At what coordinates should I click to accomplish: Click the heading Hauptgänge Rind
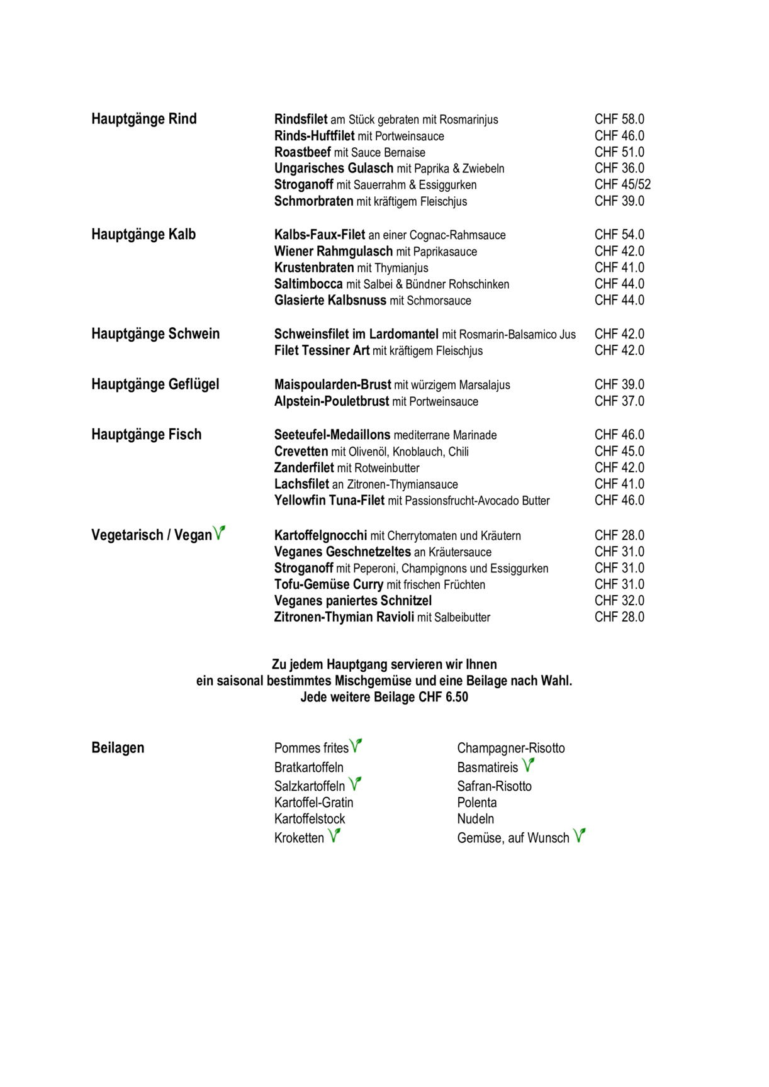[x=144, y=119]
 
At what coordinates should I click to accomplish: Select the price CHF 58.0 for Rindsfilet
[x=619, y=119]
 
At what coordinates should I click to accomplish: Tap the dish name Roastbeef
[x=303, y=152]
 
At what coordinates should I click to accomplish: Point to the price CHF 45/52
[x=622, y=184]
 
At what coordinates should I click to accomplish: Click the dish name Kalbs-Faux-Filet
[x=320, y=235]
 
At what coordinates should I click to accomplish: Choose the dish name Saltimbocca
[x=308, y=284]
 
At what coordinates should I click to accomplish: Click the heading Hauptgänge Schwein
[x=155, y=334]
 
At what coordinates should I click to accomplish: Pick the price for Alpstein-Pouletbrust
[x=619, y=401]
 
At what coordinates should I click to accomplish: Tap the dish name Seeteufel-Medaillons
[x=332, y=435]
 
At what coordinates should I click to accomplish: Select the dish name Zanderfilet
[x=304, y=467]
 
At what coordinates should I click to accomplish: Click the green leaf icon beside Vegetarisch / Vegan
[x=219, y=533]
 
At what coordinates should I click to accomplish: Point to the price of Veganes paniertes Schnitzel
[x=619, y=601]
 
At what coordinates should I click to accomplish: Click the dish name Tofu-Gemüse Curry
[x=329, y=584]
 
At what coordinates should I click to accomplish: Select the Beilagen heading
[x=118, y=748]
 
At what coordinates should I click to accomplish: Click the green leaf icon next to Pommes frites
[x=356, y=745]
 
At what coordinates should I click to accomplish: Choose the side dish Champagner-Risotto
[x=511, y=748]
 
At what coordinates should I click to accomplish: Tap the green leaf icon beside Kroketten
[x=334, y=835]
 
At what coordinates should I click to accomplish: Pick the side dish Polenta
[x=477, y=803]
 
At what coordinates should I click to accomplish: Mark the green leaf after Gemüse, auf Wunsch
[x=580, y=835]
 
